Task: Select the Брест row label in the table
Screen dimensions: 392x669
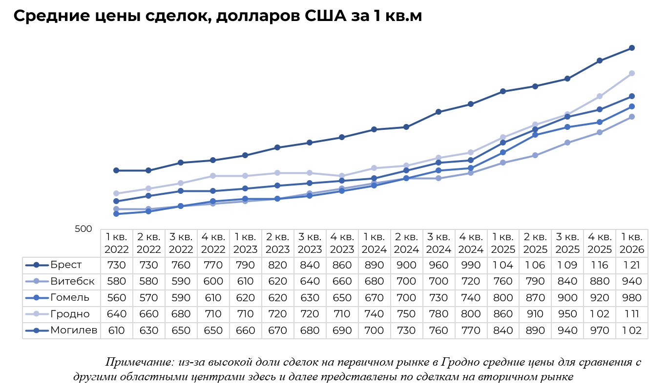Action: [x=65, y=265]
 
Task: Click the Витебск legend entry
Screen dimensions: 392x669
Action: [x=72, y=282]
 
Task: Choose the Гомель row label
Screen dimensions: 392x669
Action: [x=69, y=298]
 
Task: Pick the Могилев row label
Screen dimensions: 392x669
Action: [x=73, y=330]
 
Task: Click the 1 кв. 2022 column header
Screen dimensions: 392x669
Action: [x=116, y=243]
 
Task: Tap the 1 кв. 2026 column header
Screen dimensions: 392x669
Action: [x=632, y=243]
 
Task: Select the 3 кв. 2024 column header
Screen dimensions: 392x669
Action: [x=439, y=243]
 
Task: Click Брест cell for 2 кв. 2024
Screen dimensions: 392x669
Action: [x=406, y=265]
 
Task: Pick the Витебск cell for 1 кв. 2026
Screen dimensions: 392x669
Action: [x=632, y=282]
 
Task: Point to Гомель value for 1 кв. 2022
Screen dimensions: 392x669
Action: [x=116, y=298]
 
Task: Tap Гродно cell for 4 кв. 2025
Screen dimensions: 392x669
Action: [x=600, y=314]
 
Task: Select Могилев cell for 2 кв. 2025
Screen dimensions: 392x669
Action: [x=535, y=330]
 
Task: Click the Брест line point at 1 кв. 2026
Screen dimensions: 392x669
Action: [x=632, y=48]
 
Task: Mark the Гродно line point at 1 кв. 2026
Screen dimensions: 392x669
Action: [x=632, y=73]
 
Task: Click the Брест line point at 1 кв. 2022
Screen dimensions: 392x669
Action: [x=116, y=170]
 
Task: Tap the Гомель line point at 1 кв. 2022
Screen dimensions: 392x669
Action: [x=116, y=214]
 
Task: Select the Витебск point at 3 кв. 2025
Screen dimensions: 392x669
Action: [x=567, y=143]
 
